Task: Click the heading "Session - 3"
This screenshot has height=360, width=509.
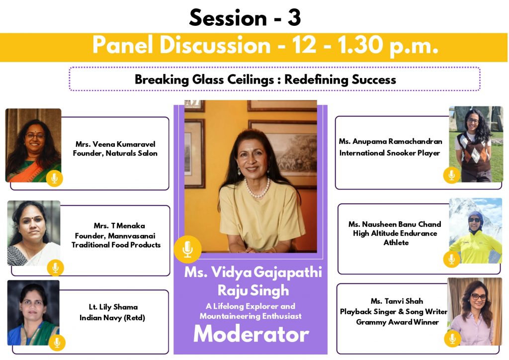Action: coord(245,17)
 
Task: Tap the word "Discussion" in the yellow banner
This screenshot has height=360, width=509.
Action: coord(215,45)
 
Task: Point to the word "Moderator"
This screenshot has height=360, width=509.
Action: coord(251,334)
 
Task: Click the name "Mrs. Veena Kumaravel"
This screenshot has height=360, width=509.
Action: coord(115,144)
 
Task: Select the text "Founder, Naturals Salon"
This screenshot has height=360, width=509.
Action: coord(115,153)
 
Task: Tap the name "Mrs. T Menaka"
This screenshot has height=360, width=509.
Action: coord(119,226)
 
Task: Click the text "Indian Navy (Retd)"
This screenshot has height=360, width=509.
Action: coord(112,317)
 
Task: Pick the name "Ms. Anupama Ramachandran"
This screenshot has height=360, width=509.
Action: coord(391,142)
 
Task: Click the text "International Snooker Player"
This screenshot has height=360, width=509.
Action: coord(390,153)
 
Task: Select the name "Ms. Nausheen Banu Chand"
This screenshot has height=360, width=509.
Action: coord(395,224)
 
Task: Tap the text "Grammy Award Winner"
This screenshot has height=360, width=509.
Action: coord(397,322)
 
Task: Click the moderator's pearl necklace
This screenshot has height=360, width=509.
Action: coord(257,190)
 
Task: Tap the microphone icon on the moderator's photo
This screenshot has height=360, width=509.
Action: coord(187,249)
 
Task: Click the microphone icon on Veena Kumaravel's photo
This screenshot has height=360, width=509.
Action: coord(55,179)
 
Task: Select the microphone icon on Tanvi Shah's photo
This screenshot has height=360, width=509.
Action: coord(452,339)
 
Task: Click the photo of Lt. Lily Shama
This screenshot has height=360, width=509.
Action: coord(33,312)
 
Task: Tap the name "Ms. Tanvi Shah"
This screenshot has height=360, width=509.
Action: coord(397,301)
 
